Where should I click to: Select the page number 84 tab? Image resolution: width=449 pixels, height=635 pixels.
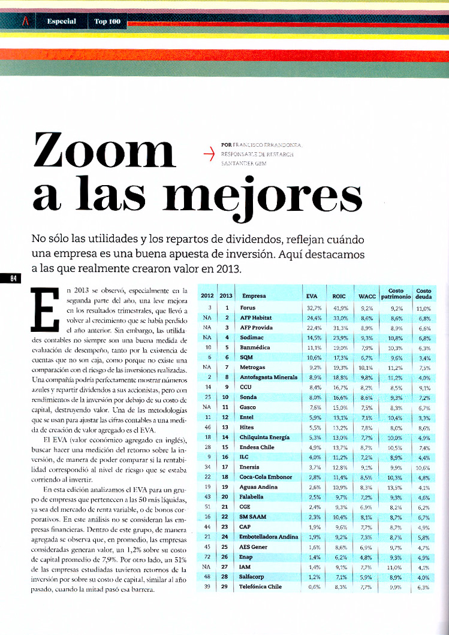pos(11,279)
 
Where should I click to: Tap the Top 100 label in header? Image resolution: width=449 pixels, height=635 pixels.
pos(107,22)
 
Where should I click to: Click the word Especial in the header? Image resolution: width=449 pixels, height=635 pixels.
pos(61,22)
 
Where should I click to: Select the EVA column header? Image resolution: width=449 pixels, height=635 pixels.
pos(311,296)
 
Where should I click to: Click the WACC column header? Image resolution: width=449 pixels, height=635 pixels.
pos(366,296)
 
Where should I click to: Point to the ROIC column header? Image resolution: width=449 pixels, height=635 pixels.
pos(339,296)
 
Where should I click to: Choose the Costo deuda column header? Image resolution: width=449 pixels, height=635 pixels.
pos(423,293)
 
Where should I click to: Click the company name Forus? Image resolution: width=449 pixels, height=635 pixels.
pos(248,307)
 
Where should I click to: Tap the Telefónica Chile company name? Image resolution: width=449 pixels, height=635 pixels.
pos(261,586)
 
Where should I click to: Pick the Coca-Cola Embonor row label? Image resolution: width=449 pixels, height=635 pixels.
pos(266,477)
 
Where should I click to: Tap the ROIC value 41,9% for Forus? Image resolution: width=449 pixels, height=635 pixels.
pos(340,307)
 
